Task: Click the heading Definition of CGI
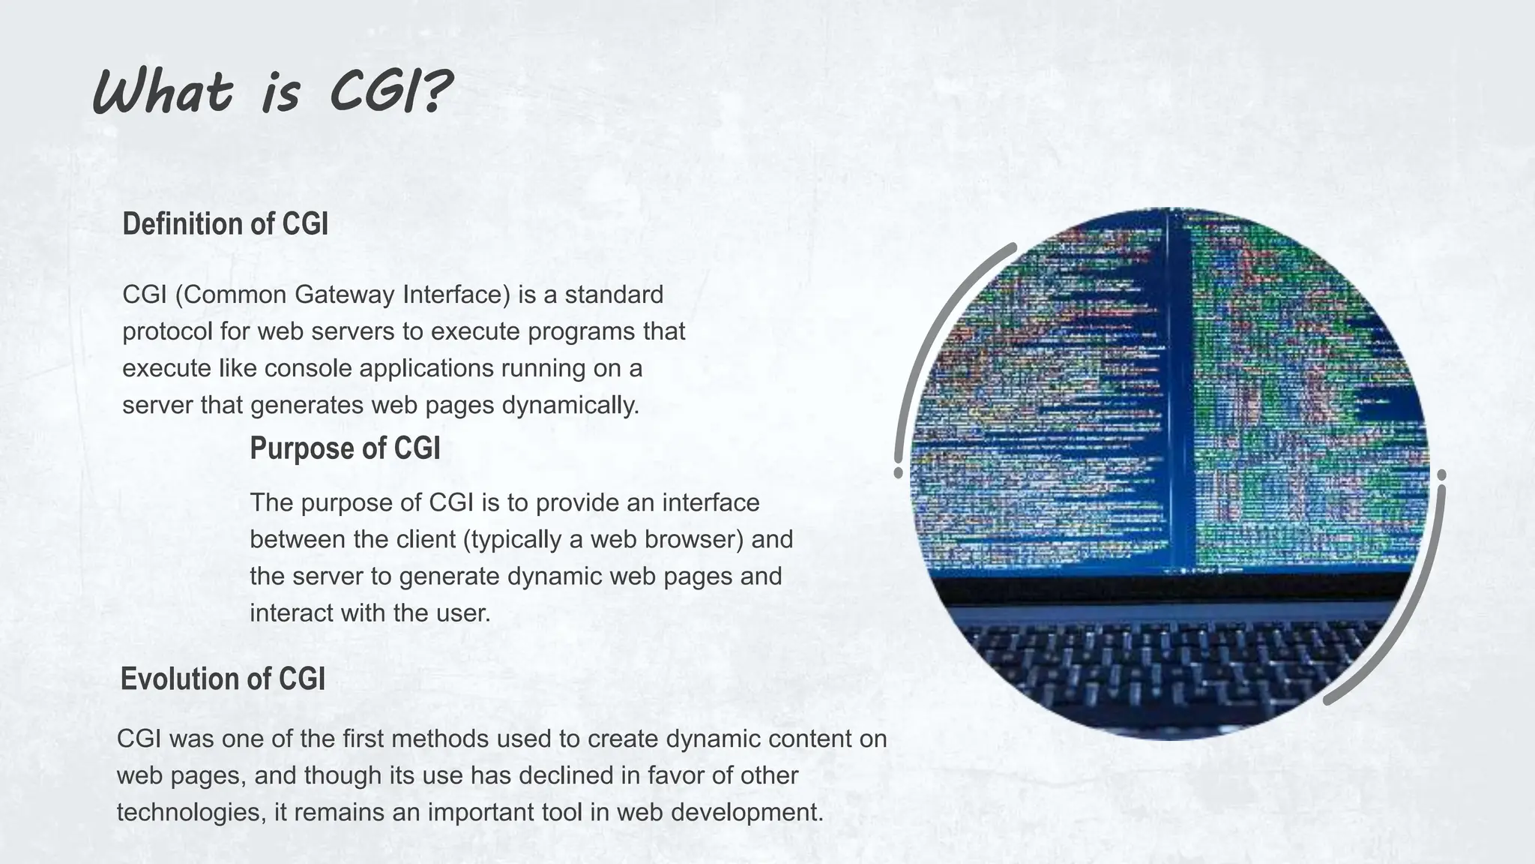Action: pyautogui.click(x=225, y=224)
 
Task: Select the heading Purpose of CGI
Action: pyautogui.click(x=345, y=448)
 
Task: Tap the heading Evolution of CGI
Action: pyautogui.click(x=223, y=679)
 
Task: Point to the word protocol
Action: pyautogui.click(x=167, y=331)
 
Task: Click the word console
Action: pyautogui.click(x=308, y=368)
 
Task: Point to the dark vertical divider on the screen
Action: pyautogui.click(x=1180, y=390)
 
